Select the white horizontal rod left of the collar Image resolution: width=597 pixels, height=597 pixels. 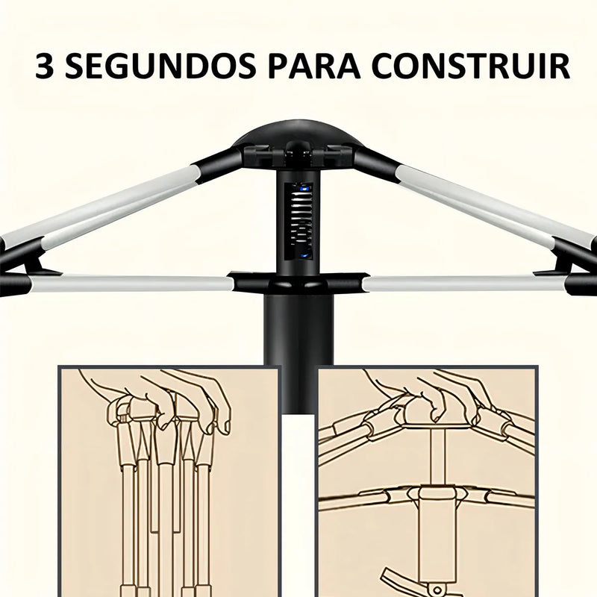pyautogui.click(x=134, y=284)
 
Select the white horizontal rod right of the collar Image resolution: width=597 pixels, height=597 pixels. pyautogui.click(x=463, y=284)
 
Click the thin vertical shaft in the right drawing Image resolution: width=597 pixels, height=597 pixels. pyautogui.click(x=437, y=455)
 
